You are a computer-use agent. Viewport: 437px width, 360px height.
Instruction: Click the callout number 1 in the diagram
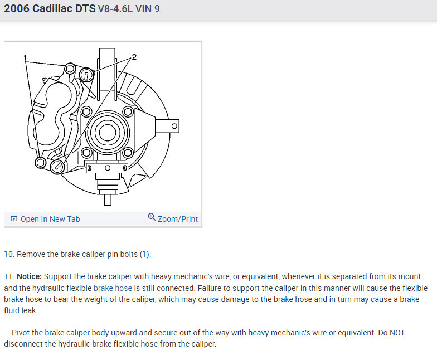tap(25, 57)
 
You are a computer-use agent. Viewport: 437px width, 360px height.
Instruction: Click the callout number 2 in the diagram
tap(134, 57)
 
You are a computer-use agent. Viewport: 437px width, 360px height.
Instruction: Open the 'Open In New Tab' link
tap(50, 219)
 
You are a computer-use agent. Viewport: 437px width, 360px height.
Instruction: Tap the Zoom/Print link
tap(178, 219)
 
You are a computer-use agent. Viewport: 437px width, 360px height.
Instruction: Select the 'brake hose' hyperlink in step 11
tap(113, 288)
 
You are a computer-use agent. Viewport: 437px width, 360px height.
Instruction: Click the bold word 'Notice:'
tap(29, 276)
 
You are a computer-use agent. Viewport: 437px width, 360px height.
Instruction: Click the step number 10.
tap(9, 254)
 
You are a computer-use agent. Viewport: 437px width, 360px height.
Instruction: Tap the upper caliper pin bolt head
tap(70, 68)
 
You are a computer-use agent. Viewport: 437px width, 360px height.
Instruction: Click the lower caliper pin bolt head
tap(41, 163)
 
